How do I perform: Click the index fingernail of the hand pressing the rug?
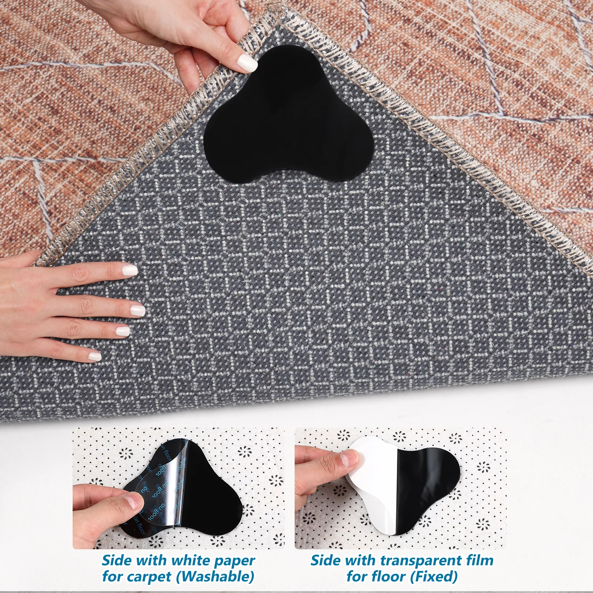(x=130, y=269)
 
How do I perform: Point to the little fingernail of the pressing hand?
(x=95, y=356)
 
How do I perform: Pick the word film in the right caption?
(x=479, y=560)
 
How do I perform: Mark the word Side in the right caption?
(x=325, y=560)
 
